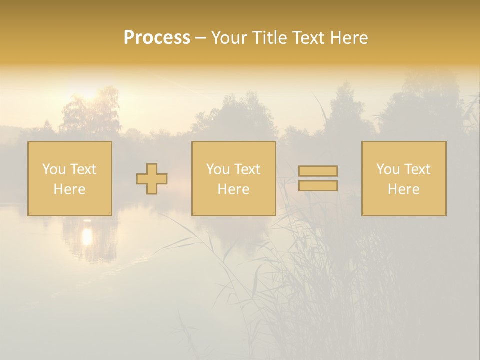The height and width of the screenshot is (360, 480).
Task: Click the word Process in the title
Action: point(157,38)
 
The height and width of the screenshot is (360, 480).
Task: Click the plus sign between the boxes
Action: point(152,179)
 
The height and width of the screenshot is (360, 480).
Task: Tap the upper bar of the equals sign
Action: point(318,171)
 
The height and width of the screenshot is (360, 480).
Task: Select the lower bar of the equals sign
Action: point(318,186)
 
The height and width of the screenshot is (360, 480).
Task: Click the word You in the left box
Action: point(54,169)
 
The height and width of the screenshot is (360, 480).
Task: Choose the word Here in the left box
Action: point(69,189)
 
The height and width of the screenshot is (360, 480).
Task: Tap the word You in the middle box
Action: point(218,169)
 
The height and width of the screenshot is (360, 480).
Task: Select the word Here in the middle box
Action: point(233,189)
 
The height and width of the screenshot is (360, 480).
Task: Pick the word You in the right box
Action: point(388,169)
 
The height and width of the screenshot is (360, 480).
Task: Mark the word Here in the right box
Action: point(403,189)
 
